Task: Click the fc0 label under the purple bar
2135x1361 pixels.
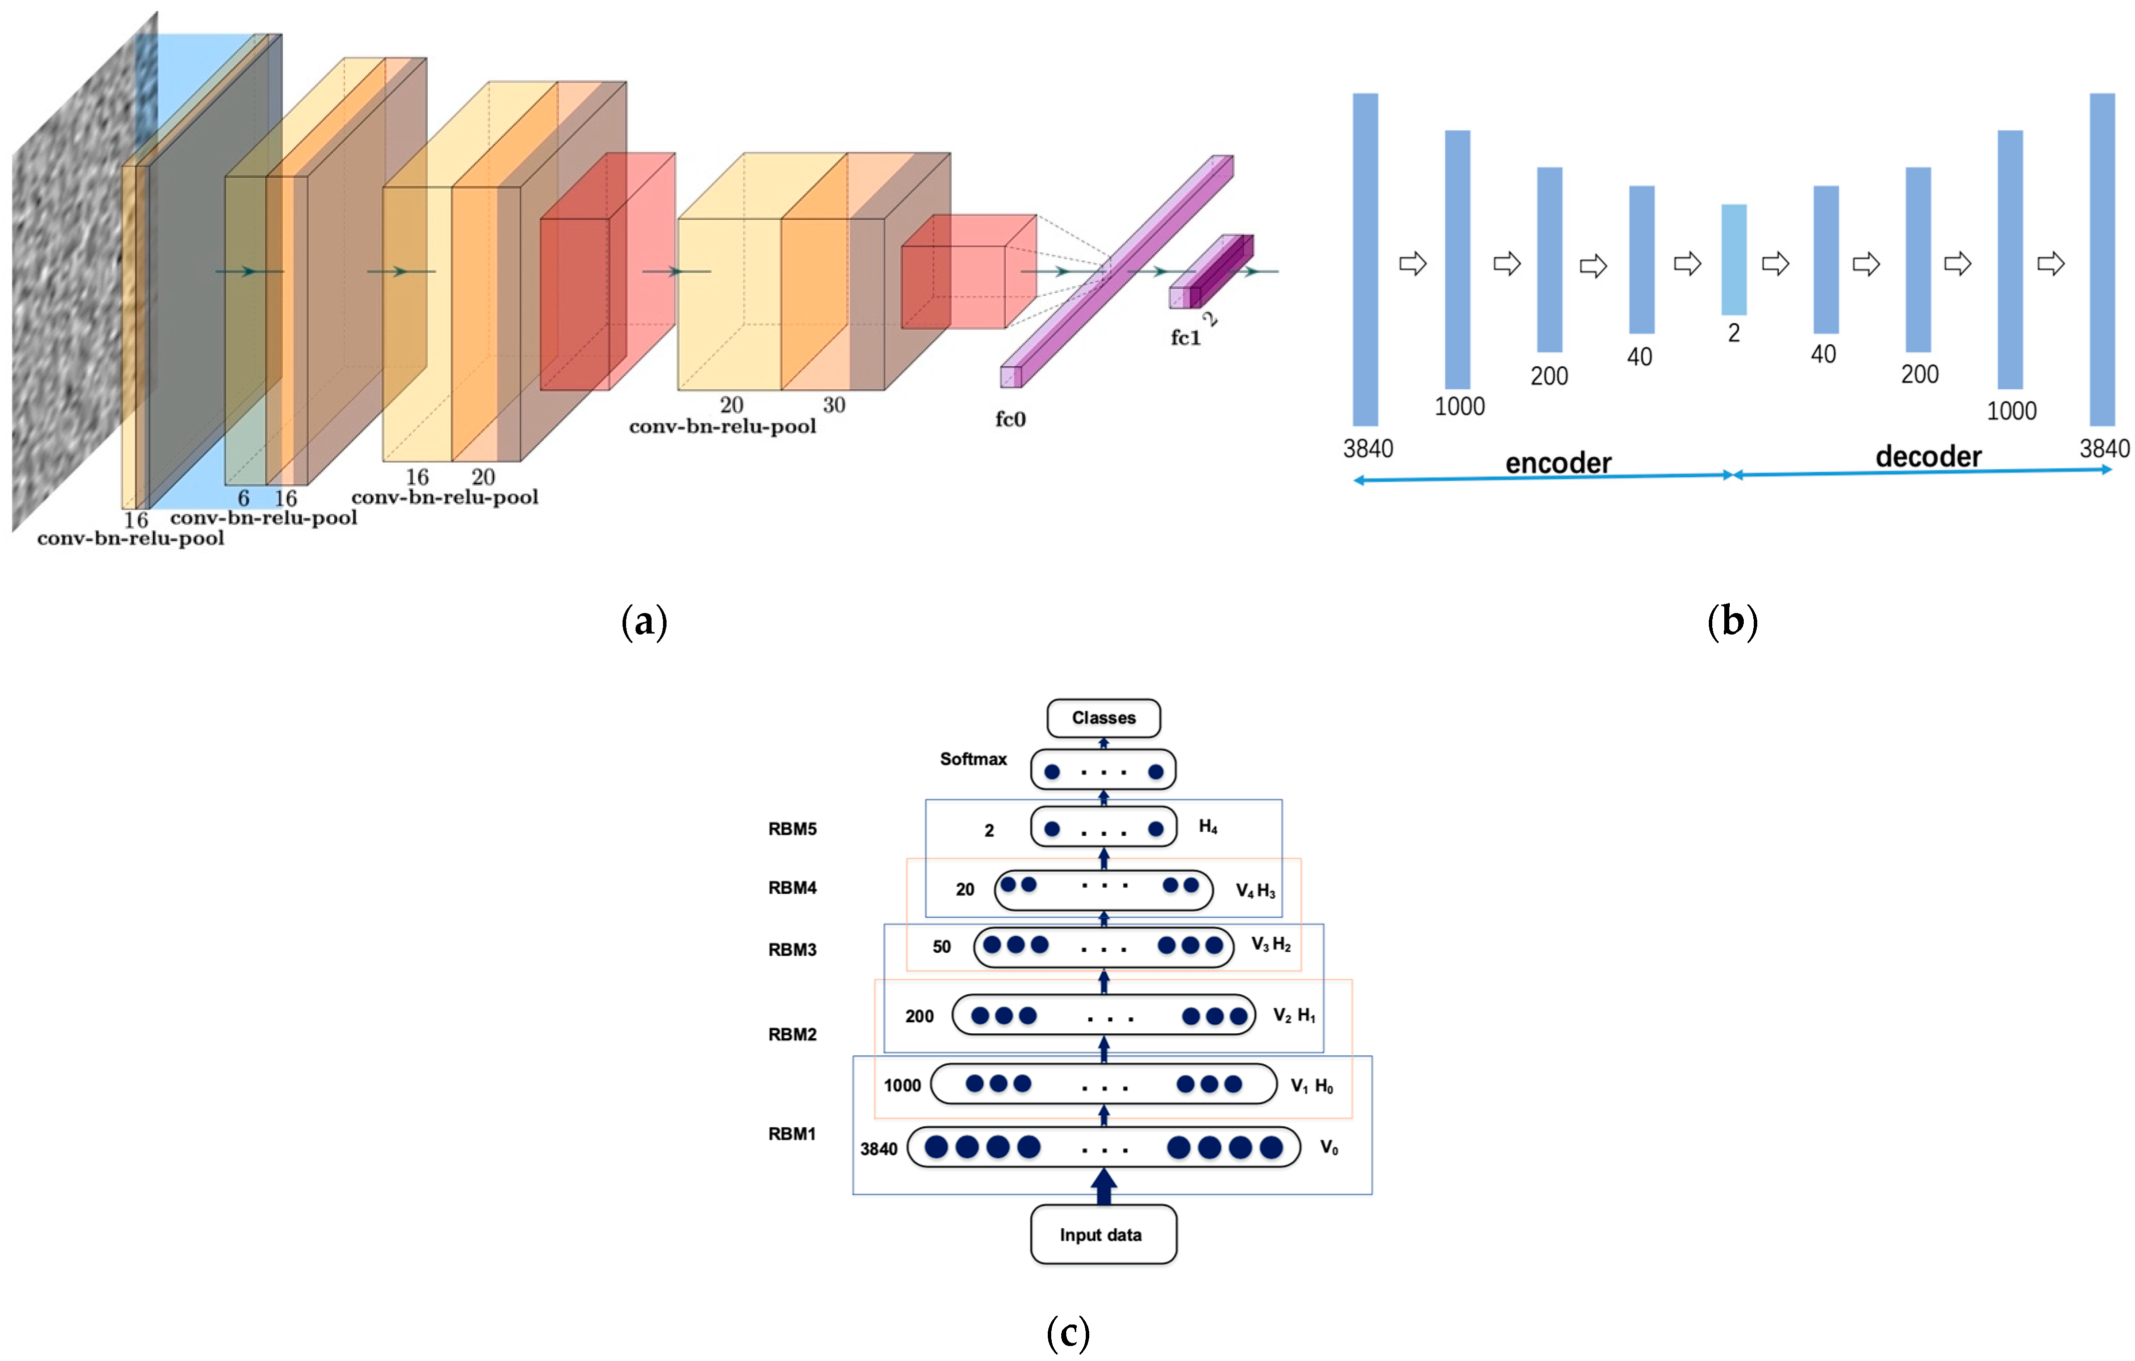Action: [x=1010, y=419]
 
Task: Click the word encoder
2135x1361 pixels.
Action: [x=1558, y=463]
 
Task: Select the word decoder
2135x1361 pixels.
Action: [x=1928, y=457]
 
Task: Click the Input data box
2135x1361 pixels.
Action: [x=1103, y=1234]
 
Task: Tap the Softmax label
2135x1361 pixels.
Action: [x=973, y=759]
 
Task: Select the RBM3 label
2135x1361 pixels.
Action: [x=792, y=950]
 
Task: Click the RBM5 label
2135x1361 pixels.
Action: [x=792, y=829]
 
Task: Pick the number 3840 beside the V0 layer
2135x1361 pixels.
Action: [x=879, y=1149]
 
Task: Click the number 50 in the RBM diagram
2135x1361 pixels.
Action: [x=942, y=947]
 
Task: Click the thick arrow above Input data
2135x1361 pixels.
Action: [x=1103, y=1186]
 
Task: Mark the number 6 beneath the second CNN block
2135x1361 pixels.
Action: [x=244, y=498]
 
